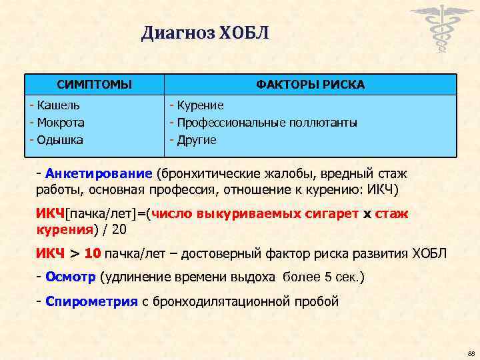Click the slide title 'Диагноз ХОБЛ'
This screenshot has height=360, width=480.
[205, 33]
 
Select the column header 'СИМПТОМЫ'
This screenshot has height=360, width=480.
[94, 85]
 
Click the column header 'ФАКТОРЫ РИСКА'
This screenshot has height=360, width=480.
[310, 85]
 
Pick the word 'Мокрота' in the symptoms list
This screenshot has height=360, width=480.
[61, 123]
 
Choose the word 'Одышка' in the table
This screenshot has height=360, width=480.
[60, 140]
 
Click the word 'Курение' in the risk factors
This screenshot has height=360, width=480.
[200, 105]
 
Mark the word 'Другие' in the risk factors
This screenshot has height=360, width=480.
[197, 140]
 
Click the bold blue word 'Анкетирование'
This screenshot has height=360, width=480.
[99, 174]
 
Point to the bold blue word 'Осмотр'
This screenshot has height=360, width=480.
[71, 277]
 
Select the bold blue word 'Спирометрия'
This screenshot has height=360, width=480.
[91, 301]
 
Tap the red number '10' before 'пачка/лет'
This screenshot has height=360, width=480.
[93, 254]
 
